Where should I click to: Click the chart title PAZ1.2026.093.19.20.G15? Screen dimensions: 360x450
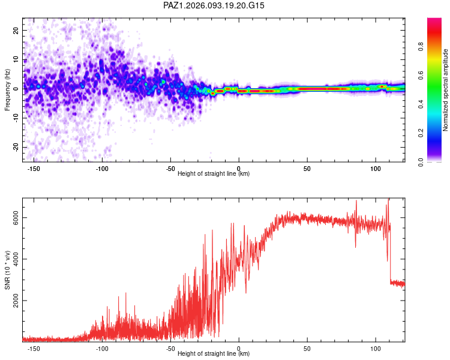pos(214,5)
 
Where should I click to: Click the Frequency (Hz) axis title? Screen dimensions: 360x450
pos(7,89)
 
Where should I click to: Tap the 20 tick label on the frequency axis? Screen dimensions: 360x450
pos(16,30)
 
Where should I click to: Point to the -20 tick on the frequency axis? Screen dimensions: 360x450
pos(16,148)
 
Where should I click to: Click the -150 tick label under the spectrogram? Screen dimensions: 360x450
pos(34,168)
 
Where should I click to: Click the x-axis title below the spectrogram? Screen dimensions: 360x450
pos(214,174)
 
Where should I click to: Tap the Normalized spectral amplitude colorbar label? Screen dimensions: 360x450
pos(446,90)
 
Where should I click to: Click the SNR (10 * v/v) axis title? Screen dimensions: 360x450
pos(8,270)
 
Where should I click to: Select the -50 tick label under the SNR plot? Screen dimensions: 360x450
pos(170,348)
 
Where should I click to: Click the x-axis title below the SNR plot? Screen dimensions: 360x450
pos(214,354)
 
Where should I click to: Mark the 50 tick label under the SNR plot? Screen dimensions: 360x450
pos(307,348)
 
